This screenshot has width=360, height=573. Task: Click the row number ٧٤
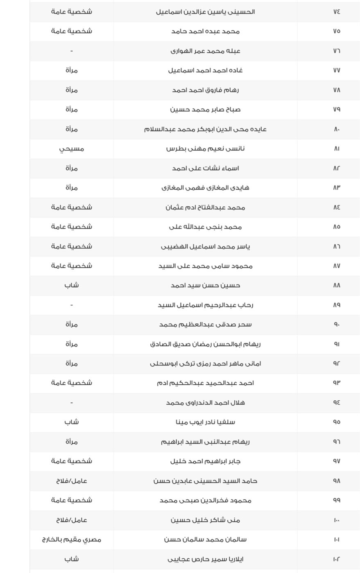click(x=337, y=11)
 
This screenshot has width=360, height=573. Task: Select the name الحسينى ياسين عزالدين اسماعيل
click(x=205, y=11)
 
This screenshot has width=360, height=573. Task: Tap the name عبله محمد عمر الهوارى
click(x=205, y=51)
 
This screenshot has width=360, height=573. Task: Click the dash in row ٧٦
click(x=72, y=51)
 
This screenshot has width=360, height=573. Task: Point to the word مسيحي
click(x=72, y=149)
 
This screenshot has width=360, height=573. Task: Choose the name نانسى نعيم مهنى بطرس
click(x=205, y=149)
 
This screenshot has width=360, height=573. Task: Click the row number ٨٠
click(x=337, y=129)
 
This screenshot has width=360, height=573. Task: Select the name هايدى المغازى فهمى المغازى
click(x=205, y=187)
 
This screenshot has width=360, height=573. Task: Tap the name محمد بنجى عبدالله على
click(x=205, y=227)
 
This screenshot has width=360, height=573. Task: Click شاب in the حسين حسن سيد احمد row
click(x=72, y=285)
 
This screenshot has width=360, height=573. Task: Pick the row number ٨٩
click(x=337, y=305)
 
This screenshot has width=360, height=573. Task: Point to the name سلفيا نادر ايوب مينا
click(x=205, y=422)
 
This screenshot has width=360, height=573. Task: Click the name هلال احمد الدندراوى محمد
click(x=205, y=403)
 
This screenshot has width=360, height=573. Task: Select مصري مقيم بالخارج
click(x=72, y=539)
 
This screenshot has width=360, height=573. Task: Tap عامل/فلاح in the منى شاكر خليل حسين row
click(x=72, y=520)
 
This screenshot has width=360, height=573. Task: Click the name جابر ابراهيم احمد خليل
click(x=205, y=461)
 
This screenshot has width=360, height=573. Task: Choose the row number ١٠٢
click(x=337, y=559)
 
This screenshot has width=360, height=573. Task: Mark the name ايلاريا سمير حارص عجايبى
click(x=205, y=559)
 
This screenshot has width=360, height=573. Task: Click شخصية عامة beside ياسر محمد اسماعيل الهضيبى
click(x=72, y=246)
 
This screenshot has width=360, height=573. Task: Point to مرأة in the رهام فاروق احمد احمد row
click(x=72, y=90)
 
